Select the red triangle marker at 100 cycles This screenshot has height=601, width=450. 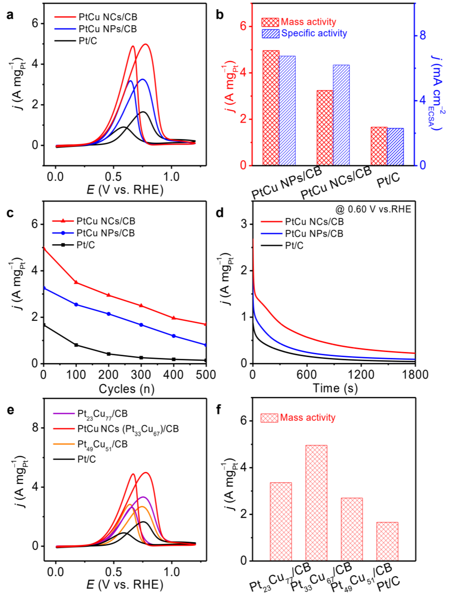[76, 282]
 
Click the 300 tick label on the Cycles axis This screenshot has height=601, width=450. [141, 375]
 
